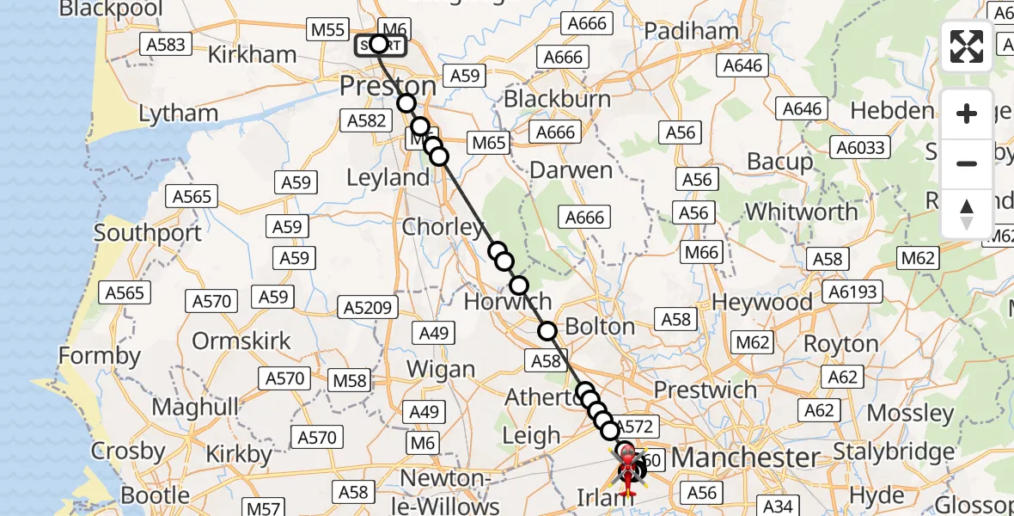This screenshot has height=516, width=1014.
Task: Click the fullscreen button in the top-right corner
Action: tap(967, 46)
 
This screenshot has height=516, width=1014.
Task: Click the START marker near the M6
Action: tap(379, 45)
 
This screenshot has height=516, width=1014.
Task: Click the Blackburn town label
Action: tap(557, 99)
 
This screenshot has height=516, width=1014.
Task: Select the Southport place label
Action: tap(148, 233)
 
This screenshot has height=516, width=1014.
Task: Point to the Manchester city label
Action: tap(745, 457)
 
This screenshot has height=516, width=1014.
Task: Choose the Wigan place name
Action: tap(441, 370)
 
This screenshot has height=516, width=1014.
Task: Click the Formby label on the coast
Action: tap(100, 355)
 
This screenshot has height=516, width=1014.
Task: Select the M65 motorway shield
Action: tap(487, 143)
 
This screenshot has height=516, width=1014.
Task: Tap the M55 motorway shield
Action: tap(328, 30)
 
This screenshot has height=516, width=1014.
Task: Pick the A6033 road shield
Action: tap(860, 148)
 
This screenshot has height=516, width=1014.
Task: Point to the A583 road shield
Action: tap(166, 44)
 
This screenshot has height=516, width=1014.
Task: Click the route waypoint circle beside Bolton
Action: tap(547, 331)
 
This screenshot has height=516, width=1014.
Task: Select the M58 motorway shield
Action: tap(350, 380)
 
